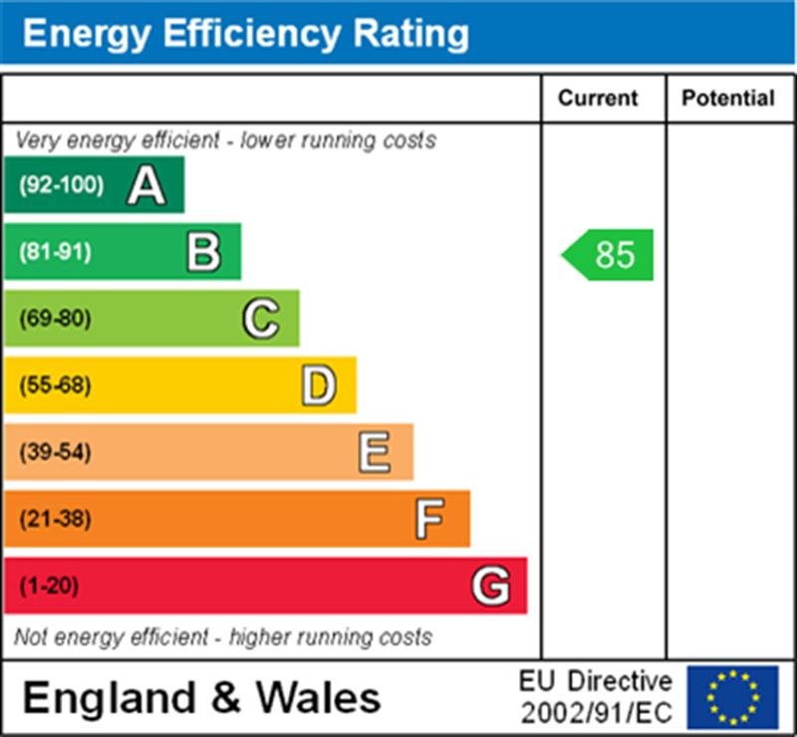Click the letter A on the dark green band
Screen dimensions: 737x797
click(x=145, y=185)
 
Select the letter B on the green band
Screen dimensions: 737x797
click(x=203, y=252)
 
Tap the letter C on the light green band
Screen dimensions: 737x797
click(x=260, y=319)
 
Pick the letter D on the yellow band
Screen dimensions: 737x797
click(x=318, y=385)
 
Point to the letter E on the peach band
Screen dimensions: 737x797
click(x=375, y=452)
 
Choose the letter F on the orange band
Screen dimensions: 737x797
click(x=429, y=519)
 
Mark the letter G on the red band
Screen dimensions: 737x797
click(x=491, y=586)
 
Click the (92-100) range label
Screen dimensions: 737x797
click(x=61, y=185)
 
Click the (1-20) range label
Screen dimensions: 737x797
click(x=49, y=586)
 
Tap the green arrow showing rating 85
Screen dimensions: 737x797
click(x=609, y=255)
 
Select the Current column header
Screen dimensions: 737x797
click(x=598, y=99)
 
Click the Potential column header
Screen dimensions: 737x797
click(x=728, y=99)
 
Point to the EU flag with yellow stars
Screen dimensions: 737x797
click(x=732, y=697)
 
